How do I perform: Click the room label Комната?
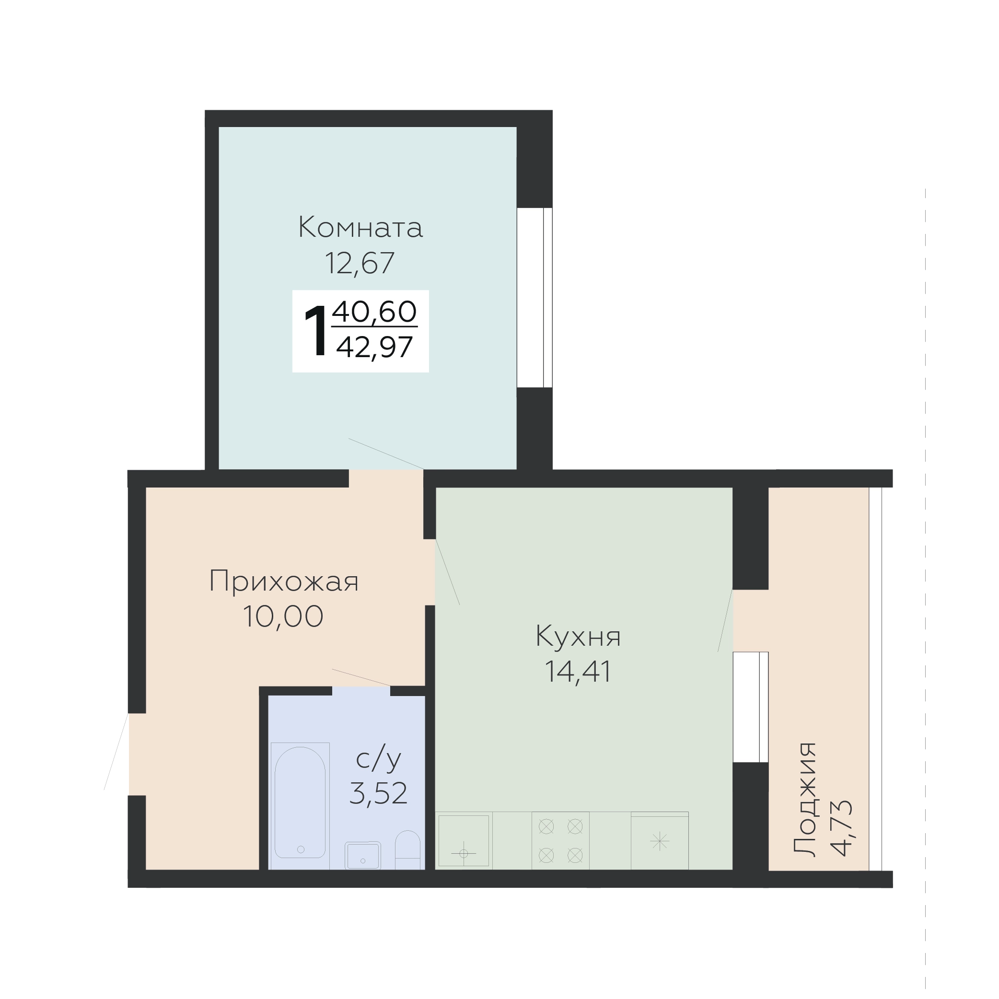coord(360,228)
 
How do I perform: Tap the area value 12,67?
coord(360,263)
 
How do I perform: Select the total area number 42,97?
coord(374,347)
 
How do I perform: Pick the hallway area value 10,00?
coord(283,616)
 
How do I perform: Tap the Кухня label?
coord(578,636)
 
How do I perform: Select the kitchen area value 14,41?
coord(578,672)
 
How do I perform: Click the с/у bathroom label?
coord(379,759)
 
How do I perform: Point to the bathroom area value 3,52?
coord(379,794)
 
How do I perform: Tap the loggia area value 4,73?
coord(840,828)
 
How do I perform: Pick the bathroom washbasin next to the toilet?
coord(363,856)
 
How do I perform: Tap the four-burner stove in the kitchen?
coord(560,841)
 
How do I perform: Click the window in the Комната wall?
coord(534,298)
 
